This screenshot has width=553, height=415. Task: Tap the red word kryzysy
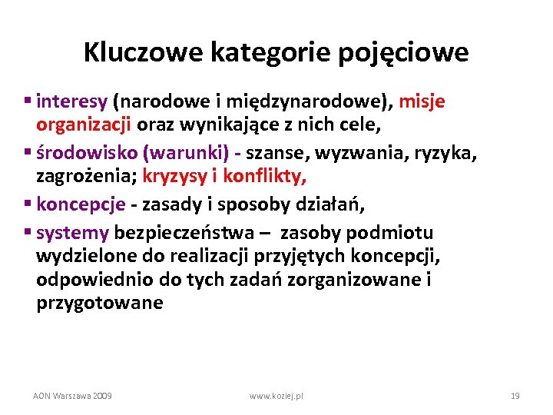click(x=176, y=177)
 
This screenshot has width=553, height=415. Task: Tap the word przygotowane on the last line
click(x=99, y=303)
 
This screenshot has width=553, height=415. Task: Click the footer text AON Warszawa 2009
click(x=72, y=395)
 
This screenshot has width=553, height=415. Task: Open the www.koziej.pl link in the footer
click(x=276, y=395)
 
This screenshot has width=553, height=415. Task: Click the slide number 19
click(x=515, y=395)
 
